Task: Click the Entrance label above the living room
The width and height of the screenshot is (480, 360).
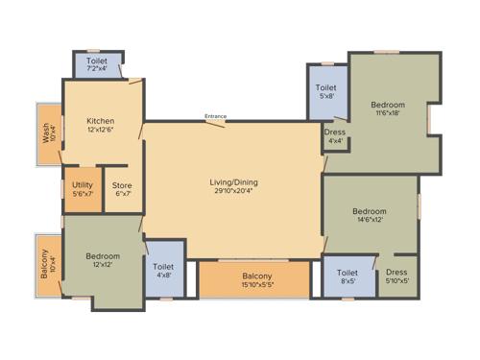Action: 215,116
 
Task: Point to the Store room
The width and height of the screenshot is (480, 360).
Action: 121,189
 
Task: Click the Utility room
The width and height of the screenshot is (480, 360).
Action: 82,189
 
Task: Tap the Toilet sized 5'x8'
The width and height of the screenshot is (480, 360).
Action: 326,92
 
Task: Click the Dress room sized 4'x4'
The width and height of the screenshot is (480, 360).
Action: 335,136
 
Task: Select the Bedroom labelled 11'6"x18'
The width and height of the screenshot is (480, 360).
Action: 389,108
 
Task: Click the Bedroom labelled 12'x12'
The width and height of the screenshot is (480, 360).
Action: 102,260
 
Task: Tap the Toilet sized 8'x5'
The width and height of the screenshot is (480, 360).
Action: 348,276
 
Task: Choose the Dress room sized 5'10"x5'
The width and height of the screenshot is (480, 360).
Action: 396,276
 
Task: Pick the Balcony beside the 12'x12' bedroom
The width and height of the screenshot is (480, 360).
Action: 45,264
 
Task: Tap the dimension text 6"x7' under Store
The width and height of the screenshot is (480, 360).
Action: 121,194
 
